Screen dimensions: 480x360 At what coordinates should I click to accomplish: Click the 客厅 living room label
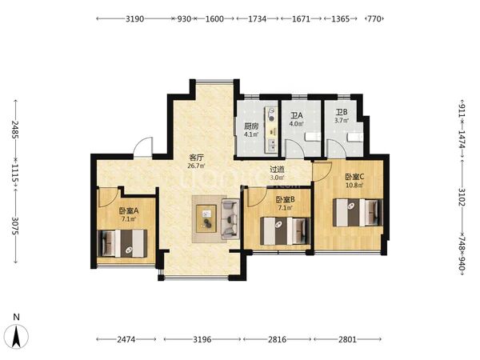pyautogui.click(x=196, y=158)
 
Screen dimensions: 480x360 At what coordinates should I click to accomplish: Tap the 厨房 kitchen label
pyautogui.click(x=251, y=126)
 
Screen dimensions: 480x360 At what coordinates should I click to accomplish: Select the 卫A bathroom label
pyautogui.click(x=296, y=116)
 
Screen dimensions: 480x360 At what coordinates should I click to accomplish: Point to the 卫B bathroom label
pyautogui.click(x=342, y=112)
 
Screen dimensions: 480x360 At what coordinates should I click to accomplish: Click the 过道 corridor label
pyautogui.click(x=277, y=170)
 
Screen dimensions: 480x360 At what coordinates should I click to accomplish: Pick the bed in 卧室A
pyautogui.click(x=122, y=243)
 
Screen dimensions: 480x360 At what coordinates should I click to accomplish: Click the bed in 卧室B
pyautogui.click(x=286, y=231)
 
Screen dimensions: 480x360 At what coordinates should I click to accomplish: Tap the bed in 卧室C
pyautogui.click(x=358, y=213)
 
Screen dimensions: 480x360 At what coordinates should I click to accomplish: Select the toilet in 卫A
pyautogui.click(x=313, y=137)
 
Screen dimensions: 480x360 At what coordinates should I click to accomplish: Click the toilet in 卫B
pyautogui.click(x=355, y=137)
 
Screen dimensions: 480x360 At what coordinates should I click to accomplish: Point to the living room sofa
pyautogui.click(x=230, y=218)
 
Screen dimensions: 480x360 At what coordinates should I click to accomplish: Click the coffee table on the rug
pyautogui.click(x=206, y=218)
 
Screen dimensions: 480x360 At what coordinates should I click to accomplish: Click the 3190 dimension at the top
pyautogui.click(x=134, y=18)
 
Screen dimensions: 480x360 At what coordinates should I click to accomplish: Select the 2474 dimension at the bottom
pyautogui.click(x=126, y=339)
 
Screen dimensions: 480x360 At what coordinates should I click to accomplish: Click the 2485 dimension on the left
pyautogui.click(x=15, y=130)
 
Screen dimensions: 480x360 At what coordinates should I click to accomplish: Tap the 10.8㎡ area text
pyautogui.click(x=354, y=186)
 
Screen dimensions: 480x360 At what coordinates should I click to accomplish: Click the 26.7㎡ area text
pyautogui.click(x=196, y=166)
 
